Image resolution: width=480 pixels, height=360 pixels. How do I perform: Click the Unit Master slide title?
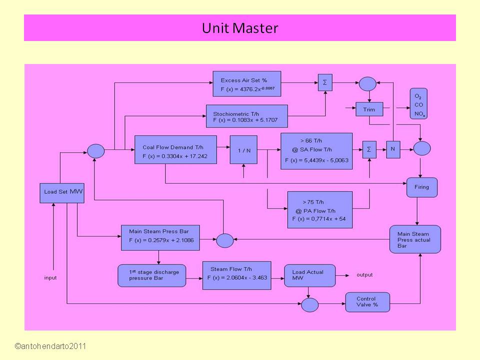(x=239, y=28)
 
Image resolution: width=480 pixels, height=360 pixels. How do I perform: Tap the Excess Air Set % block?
(x=246, y=83)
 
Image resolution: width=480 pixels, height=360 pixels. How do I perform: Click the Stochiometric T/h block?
(x=246, y=116)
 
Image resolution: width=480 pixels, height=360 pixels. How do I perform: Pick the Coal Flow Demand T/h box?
(x=175, y=149)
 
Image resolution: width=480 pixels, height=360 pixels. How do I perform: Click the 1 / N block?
(x=243, y=149)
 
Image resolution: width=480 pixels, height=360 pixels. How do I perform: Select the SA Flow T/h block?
(x=316, y=151)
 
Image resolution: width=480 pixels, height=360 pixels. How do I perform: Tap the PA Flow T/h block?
(x=320, y=210)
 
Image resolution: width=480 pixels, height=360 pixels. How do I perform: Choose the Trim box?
(x=369, y=109)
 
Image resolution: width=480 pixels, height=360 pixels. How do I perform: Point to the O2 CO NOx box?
(x=418, y=104)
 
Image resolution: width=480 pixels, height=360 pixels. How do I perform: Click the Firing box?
(x=421, y=187)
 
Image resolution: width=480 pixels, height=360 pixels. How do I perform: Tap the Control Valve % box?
(x=367, y=302)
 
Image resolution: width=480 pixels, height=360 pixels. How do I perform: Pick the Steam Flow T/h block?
(x=236, y=275)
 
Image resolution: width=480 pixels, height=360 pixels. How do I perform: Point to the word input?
(x=51, y=277)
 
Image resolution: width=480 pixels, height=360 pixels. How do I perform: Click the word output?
(x=364, y=275)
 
